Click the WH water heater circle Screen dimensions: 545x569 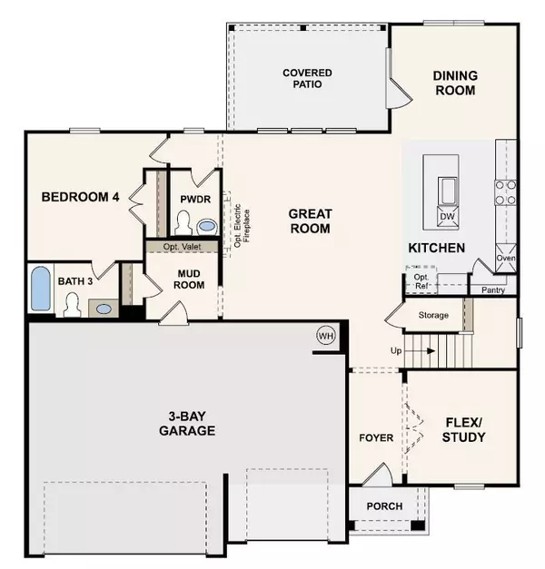326,336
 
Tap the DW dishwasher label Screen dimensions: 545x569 447,216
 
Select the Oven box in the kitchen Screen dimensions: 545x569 506,258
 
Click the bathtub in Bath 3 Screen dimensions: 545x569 40,289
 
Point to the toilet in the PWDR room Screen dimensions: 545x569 183,222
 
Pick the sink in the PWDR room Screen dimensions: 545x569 207,227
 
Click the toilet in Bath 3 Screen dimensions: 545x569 72,305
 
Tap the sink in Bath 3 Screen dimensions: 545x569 104,309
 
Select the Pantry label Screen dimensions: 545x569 493,289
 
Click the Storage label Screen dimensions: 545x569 433,315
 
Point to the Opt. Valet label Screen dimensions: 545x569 182,247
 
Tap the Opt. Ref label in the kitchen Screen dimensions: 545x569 421,281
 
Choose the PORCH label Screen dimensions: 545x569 384,506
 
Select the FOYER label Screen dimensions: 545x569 376,438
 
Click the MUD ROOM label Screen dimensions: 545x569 189,280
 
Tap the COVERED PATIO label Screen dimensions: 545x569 307,78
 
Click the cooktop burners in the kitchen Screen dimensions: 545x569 505,192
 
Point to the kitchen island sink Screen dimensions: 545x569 448,191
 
